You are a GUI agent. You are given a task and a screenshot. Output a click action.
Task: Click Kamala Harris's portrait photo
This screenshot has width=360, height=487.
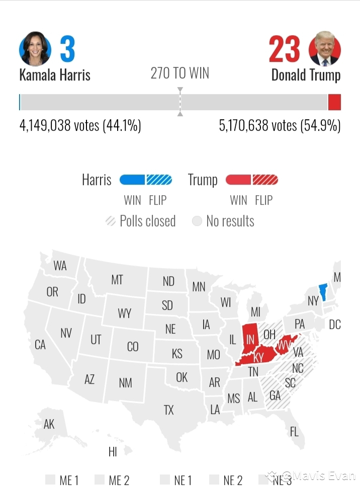tap(35, 49)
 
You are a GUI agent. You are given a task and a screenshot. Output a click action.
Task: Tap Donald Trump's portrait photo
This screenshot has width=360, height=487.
tap(325, 49)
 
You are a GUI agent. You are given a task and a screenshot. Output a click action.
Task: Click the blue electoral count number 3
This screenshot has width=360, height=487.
tap(67, 49)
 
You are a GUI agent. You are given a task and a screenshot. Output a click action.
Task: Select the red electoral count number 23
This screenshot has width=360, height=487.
tap(284, 49)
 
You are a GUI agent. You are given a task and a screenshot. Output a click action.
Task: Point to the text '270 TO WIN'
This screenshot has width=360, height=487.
tap(179, 73)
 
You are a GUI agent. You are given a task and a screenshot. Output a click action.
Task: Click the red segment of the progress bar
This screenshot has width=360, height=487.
tap(334, 102)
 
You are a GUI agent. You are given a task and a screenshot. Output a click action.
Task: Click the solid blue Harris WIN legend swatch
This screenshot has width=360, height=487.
tap(132, 180)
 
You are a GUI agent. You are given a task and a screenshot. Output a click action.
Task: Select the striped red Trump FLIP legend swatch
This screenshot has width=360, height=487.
tap(265, 180)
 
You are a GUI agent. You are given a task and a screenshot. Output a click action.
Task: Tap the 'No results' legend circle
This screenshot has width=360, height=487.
tap(197, 221)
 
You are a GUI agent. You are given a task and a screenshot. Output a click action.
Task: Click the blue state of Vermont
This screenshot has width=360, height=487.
tap(323, 291)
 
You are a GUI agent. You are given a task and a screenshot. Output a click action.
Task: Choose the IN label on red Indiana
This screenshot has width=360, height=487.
tap(250, 340)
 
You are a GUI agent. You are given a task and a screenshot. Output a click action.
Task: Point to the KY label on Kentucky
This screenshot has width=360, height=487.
tap(258, 358)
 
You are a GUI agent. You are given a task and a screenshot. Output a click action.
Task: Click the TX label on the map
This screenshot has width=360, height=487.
tap(168, 410)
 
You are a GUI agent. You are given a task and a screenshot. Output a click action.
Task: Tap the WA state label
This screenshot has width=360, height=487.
tap(60, 266)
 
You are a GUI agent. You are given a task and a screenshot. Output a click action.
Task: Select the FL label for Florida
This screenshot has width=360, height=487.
tap(294, 431)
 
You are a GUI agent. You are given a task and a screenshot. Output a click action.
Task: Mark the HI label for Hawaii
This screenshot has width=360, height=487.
tap(113, 452)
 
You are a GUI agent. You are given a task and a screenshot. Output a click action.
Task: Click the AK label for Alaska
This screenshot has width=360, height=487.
tap(49, 424)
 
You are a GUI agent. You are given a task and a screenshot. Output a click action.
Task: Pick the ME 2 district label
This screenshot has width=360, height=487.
tap(119, 480)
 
